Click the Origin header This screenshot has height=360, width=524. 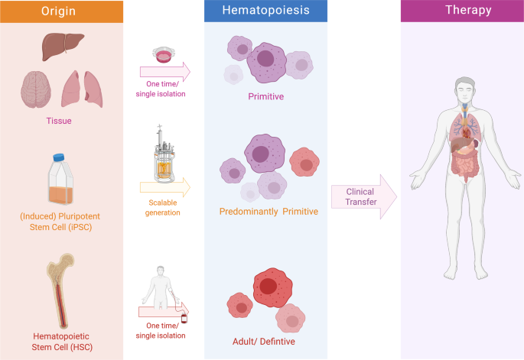[x=62, y=11]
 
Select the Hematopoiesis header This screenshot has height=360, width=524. [x=265, y=11]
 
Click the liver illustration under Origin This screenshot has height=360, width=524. [x=61, y=48]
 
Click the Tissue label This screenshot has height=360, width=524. [x=61, y=120]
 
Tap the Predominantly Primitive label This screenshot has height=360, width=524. [x=269, y=211]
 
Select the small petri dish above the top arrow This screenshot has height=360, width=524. [x=164, y=54]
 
